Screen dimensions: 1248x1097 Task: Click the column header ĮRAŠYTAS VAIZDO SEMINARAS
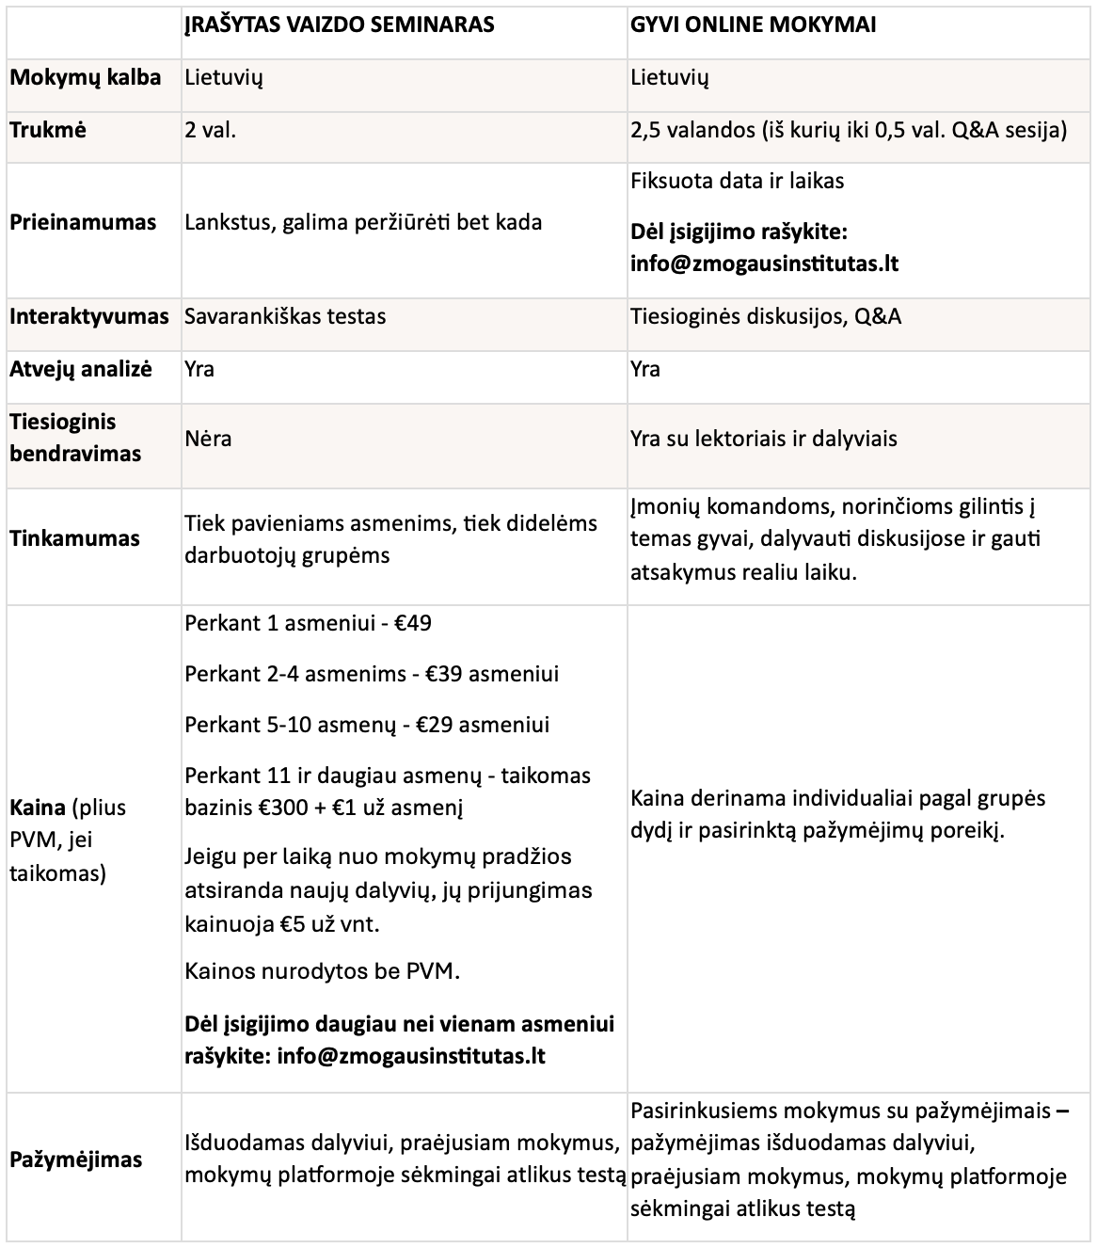point(339,25)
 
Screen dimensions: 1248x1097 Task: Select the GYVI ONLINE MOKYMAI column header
point(753,25)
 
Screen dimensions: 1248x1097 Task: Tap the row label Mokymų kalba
point(85,77)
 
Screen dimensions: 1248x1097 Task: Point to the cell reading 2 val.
point(210,130)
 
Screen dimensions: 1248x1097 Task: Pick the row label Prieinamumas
point(83,223)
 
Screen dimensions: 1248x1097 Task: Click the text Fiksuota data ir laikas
point(737,181)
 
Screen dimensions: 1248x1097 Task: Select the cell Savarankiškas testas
point(285,316)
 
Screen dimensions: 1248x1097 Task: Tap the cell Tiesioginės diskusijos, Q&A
point(766,316)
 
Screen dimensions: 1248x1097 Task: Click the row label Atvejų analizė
point(81,369)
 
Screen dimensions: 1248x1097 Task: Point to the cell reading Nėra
point(208,439)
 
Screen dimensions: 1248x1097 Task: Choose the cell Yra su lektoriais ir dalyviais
point(764,439)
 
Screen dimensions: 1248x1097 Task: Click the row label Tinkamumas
point(74,538)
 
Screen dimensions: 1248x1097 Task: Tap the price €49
point(413,623)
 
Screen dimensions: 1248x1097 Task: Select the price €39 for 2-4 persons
point(443,674)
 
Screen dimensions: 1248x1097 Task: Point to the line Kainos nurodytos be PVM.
point(322,971)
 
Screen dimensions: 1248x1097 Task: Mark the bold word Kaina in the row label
point(37,808)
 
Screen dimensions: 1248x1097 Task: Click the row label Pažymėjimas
point(76,1160)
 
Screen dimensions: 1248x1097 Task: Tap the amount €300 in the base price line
point(286,808)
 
